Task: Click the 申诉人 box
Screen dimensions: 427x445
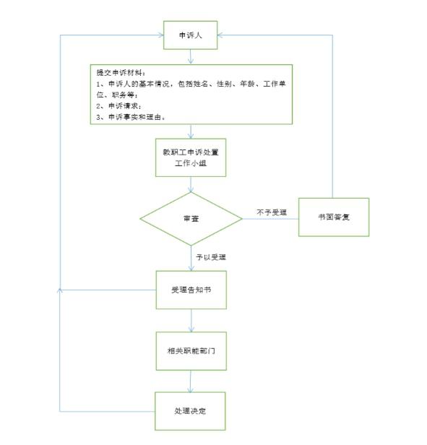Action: (190, 35)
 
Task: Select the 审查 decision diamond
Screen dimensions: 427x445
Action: (191, 219)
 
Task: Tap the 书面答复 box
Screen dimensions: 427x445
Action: (334, 217)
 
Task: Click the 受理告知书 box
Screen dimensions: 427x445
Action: (191, 290)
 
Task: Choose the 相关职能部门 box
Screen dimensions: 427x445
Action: (191, 351)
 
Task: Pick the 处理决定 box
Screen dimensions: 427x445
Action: (190, 411)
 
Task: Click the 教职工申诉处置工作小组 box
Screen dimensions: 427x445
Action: (191, 157)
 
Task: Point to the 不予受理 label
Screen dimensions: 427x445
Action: (272, 212)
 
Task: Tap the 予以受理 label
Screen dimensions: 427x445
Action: (211, 257)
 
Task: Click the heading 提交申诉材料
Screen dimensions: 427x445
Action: (121, 73)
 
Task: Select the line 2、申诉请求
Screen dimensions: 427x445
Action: (118, 106)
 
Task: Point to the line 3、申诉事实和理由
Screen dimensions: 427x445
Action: (131, 117)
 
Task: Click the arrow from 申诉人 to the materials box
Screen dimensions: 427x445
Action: (191, 56)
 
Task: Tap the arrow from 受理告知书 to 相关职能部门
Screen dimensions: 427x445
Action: (191, 321)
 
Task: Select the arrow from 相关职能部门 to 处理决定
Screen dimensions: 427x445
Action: (191, 381)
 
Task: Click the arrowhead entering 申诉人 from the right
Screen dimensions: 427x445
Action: (220, 35)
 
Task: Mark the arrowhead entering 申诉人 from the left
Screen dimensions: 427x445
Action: (161, 35)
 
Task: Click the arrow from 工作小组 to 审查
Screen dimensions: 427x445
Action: (191, 184)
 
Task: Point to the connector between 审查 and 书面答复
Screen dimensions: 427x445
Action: (270, 219)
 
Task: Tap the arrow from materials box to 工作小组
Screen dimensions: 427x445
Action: (191, 131)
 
